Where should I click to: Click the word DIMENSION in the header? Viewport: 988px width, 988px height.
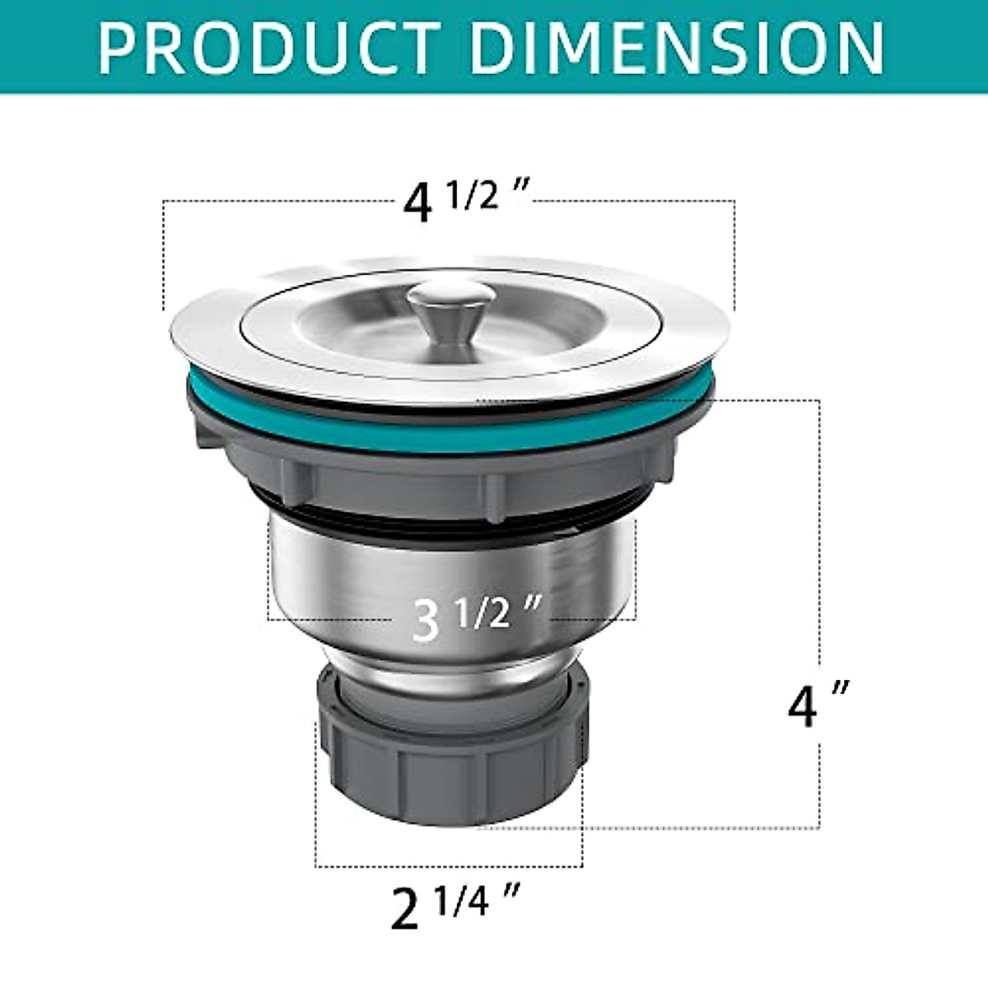678,48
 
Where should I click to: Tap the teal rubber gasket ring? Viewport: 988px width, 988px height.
445,432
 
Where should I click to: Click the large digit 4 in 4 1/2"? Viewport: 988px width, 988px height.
418,203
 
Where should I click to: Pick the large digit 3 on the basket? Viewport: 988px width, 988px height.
426,622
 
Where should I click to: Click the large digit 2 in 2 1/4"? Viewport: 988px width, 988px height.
404,909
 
